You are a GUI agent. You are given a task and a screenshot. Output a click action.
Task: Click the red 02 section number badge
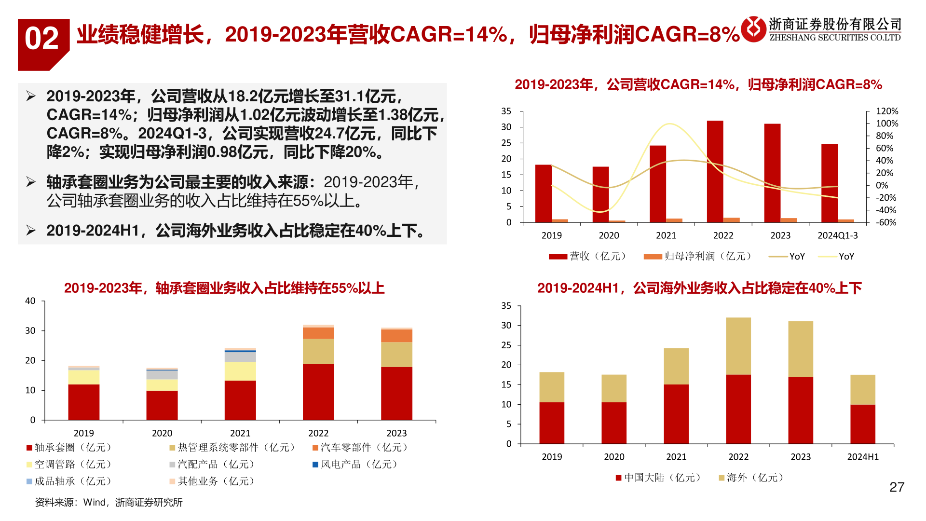42,40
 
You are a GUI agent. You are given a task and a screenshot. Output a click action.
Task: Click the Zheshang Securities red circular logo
753,29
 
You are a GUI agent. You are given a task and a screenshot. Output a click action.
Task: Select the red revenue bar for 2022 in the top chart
715,171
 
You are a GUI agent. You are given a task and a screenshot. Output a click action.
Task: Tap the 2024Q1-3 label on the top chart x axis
837,235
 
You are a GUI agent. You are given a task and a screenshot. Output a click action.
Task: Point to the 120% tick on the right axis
887,111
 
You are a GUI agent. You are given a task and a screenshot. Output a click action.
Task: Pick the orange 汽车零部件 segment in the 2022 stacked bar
318,333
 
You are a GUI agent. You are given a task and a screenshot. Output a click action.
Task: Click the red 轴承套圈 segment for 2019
84,402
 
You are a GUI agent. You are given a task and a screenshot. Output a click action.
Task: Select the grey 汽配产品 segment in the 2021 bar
240,357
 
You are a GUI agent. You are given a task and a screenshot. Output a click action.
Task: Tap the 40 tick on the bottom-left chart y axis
30,301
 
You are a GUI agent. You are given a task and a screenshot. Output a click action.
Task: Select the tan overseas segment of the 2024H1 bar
862,389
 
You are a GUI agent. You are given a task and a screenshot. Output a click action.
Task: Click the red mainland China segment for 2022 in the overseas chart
738,409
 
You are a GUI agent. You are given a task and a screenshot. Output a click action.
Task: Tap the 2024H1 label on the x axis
863,457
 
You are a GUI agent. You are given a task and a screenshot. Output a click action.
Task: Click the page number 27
897,487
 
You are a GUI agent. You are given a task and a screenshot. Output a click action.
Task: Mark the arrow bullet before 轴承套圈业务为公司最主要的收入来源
31,182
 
